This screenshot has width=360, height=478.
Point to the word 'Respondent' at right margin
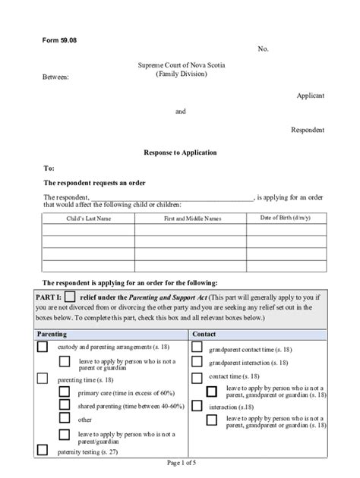pos(308,130)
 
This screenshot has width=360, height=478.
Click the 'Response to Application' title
pos(180,153)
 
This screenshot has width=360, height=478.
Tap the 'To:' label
pos(49,168)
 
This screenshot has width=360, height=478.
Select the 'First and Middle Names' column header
pos(192,219)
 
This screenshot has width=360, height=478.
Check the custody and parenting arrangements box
pos(43,347)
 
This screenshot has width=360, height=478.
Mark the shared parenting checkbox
pos(65,405)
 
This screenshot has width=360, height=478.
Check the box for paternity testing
pos(43,451)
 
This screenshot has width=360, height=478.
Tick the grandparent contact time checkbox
pos(197,347)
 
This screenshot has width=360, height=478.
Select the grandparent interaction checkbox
pos(197,363)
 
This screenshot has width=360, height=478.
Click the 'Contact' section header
pos(204,334)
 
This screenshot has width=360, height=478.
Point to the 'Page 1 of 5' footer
pos(180,463)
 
